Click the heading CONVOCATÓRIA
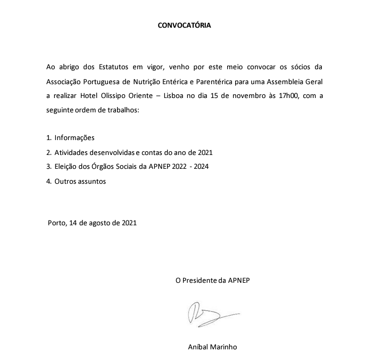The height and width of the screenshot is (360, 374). pyautogui.click(x=184, y=25)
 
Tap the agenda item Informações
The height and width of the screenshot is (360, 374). pyautogui.click(x=74, y=137)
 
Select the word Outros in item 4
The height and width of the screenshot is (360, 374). pyautogui.click(x=66, y=181)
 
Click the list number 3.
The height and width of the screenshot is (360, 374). pyautogui.click(x=48, y=167)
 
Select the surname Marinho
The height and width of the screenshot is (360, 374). pyautogui.click(x=223, y=347)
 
